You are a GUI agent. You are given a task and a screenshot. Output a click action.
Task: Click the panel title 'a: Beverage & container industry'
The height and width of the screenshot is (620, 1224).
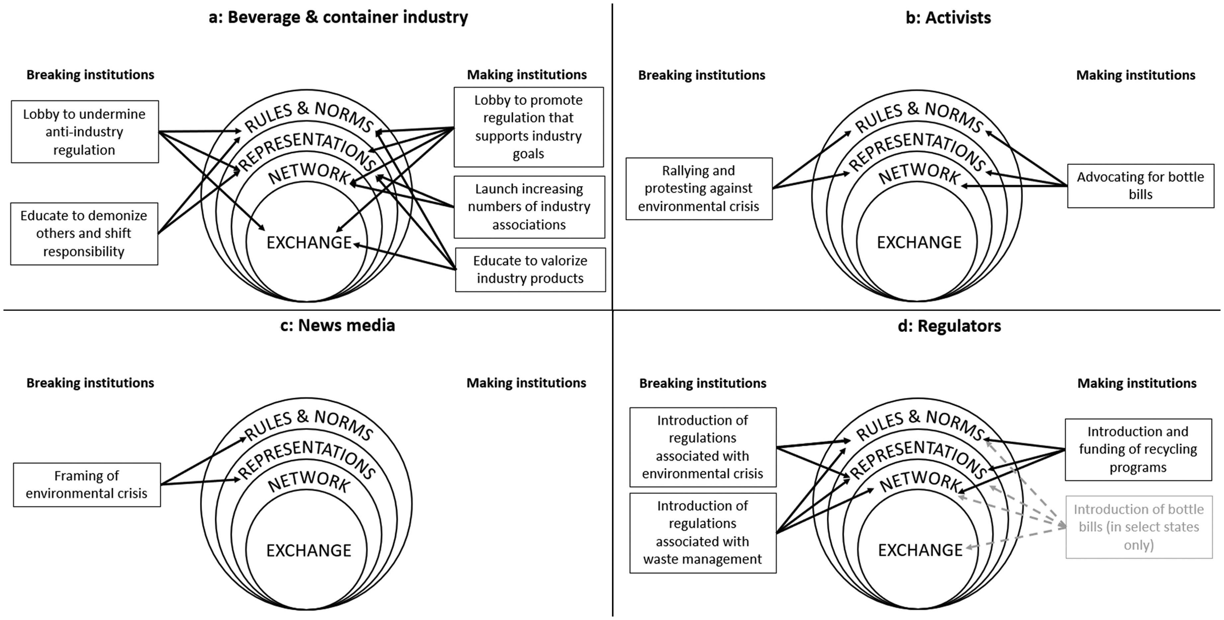[338, 18]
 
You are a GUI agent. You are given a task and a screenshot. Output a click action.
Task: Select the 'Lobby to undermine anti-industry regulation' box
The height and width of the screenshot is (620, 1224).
[85, 132]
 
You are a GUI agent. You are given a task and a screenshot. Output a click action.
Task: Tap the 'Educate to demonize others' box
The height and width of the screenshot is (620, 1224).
[84, 234]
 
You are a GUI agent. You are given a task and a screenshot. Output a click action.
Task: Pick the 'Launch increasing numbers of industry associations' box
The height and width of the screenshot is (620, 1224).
[529, 207]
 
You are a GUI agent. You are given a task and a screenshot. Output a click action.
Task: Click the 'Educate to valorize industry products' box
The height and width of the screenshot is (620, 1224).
[530, 269]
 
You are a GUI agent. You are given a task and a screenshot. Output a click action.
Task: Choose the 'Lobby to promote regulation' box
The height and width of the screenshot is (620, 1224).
[528, 127]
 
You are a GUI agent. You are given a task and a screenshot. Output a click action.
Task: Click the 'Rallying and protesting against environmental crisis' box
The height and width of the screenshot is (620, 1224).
[699, 189]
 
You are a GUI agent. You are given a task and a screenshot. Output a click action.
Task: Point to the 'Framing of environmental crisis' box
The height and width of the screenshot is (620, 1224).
[87, 484]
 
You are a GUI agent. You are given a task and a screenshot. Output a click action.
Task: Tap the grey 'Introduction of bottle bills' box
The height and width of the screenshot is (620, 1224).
[1139, 527]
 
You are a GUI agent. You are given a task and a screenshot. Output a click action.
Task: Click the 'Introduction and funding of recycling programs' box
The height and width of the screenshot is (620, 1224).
[1138, 449]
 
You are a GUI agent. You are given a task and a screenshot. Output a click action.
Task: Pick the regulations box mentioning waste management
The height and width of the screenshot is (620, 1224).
[703, 533]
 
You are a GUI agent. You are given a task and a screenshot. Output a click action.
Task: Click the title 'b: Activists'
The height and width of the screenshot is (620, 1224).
[948, 18]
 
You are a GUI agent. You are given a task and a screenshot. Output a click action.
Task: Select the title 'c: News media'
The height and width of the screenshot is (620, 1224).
[337, 326]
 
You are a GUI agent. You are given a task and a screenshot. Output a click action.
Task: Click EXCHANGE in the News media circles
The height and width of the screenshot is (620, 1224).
[309, 551]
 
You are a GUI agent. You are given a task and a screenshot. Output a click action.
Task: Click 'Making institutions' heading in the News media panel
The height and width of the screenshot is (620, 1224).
[526, 383]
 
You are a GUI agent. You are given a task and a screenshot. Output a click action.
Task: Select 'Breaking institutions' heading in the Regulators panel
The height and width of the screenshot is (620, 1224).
[703, 383]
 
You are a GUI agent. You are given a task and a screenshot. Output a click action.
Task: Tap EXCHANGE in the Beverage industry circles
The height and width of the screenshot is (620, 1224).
[309, 243]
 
